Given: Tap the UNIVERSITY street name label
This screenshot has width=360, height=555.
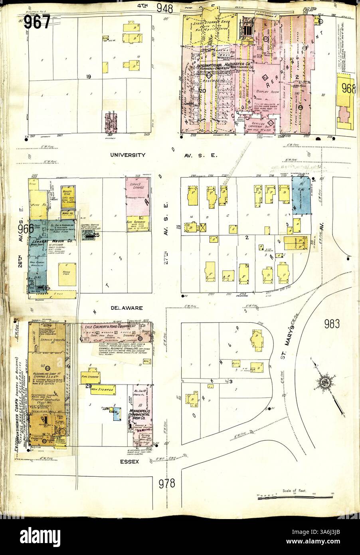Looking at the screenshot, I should [x=128, y=155].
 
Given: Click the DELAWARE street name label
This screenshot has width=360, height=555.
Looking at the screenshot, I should [x=124, y=308].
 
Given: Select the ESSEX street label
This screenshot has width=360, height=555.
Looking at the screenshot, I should [x=130, y=462].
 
